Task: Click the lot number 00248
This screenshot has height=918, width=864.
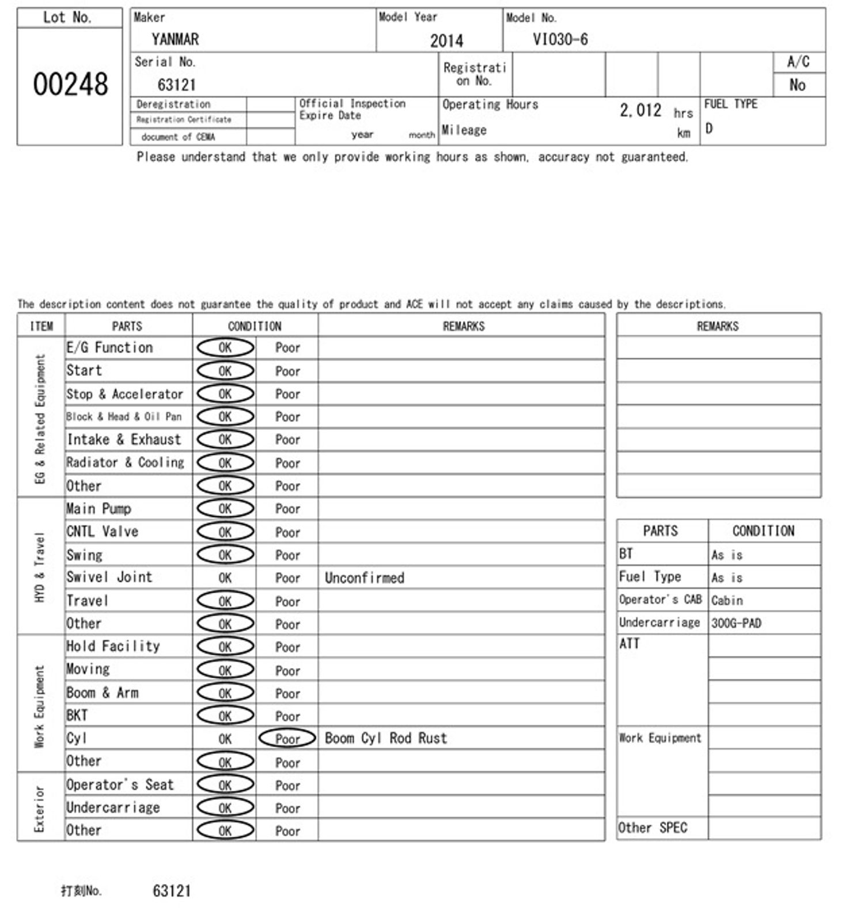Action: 70,84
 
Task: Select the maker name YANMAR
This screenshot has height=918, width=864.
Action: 175,39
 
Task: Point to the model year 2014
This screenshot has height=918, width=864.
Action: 446,40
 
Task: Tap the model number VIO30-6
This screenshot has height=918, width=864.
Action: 560,39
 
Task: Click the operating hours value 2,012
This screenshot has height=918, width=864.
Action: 641,110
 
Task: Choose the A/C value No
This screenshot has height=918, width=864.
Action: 797,85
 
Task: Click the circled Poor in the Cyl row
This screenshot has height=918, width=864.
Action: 287,738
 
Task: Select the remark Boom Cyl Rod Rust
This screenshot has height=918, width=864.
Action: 386,738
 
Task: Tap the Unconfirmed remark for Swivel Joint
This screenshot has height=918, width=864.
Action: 365,578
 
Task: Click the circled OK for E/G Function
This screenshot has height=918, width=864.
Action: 225,347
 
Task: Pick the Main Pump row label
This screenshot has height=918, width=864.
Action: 98,509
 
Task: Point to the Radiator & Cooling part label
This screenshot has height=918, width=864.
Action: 125,462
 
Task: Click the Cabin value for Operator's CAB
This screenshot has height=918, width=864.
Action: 727,600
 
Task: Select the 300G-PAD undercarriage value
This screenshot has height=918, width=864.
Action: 736,623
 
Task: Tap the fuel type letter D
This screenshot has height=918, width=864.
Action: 709,128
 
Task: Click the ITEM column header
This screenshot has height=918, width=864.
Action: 41,326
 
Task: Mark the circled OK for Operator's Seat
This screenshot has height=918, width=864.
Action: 225,784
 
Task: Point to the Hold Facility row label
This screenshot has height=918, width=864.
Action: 113,646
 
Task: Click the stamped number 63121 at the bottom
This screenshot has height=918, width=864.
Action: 172,891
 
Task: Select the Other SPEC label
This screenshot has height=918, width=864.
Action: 653,828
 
